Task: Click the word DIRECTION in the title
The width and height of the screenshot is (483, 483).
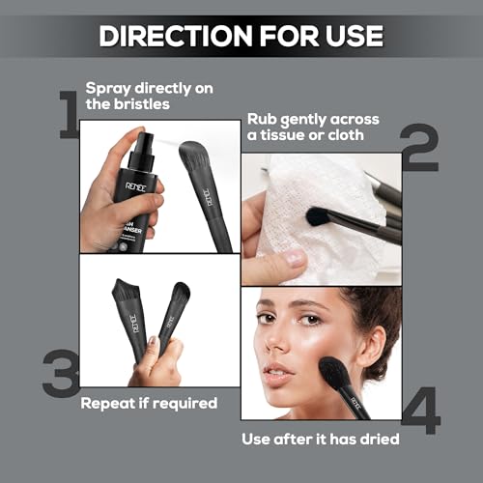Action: tap(175, 36)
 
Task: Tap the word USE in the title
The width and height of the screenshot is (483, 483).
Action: tap(355, 36)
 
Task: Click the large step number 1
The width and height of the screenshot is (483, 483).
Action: tap(69, 115)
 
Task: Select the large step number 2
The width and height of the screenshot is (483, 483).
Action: tap(419, 148)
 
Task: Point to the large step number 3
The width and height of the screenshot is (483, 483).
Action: tap(61, 373)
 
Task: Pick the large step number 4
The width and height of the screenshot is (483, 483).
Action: tap(421, 411)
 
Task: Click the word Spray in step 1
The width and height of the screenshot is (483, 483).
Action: tap(108, 89)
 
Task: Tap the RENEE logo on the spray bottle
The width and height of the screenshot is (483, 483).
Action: tap(135, 187)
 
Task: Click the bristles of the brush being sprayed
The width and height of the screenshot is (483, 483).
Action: tap(192, 152)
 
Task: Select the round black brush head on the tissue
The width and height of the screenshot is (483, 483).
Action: tap(317, 216)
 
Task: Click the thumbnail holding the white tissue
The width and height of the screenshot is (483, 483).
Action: tap(296, 258)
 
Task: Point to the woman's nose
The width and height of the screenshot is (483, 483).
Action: tap(277, 340)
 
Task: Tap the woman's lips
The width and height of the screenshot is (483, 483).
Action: tap(277, 374)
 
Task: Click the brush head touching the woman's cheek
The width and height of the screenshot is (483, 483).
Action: tap(333, 373)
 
